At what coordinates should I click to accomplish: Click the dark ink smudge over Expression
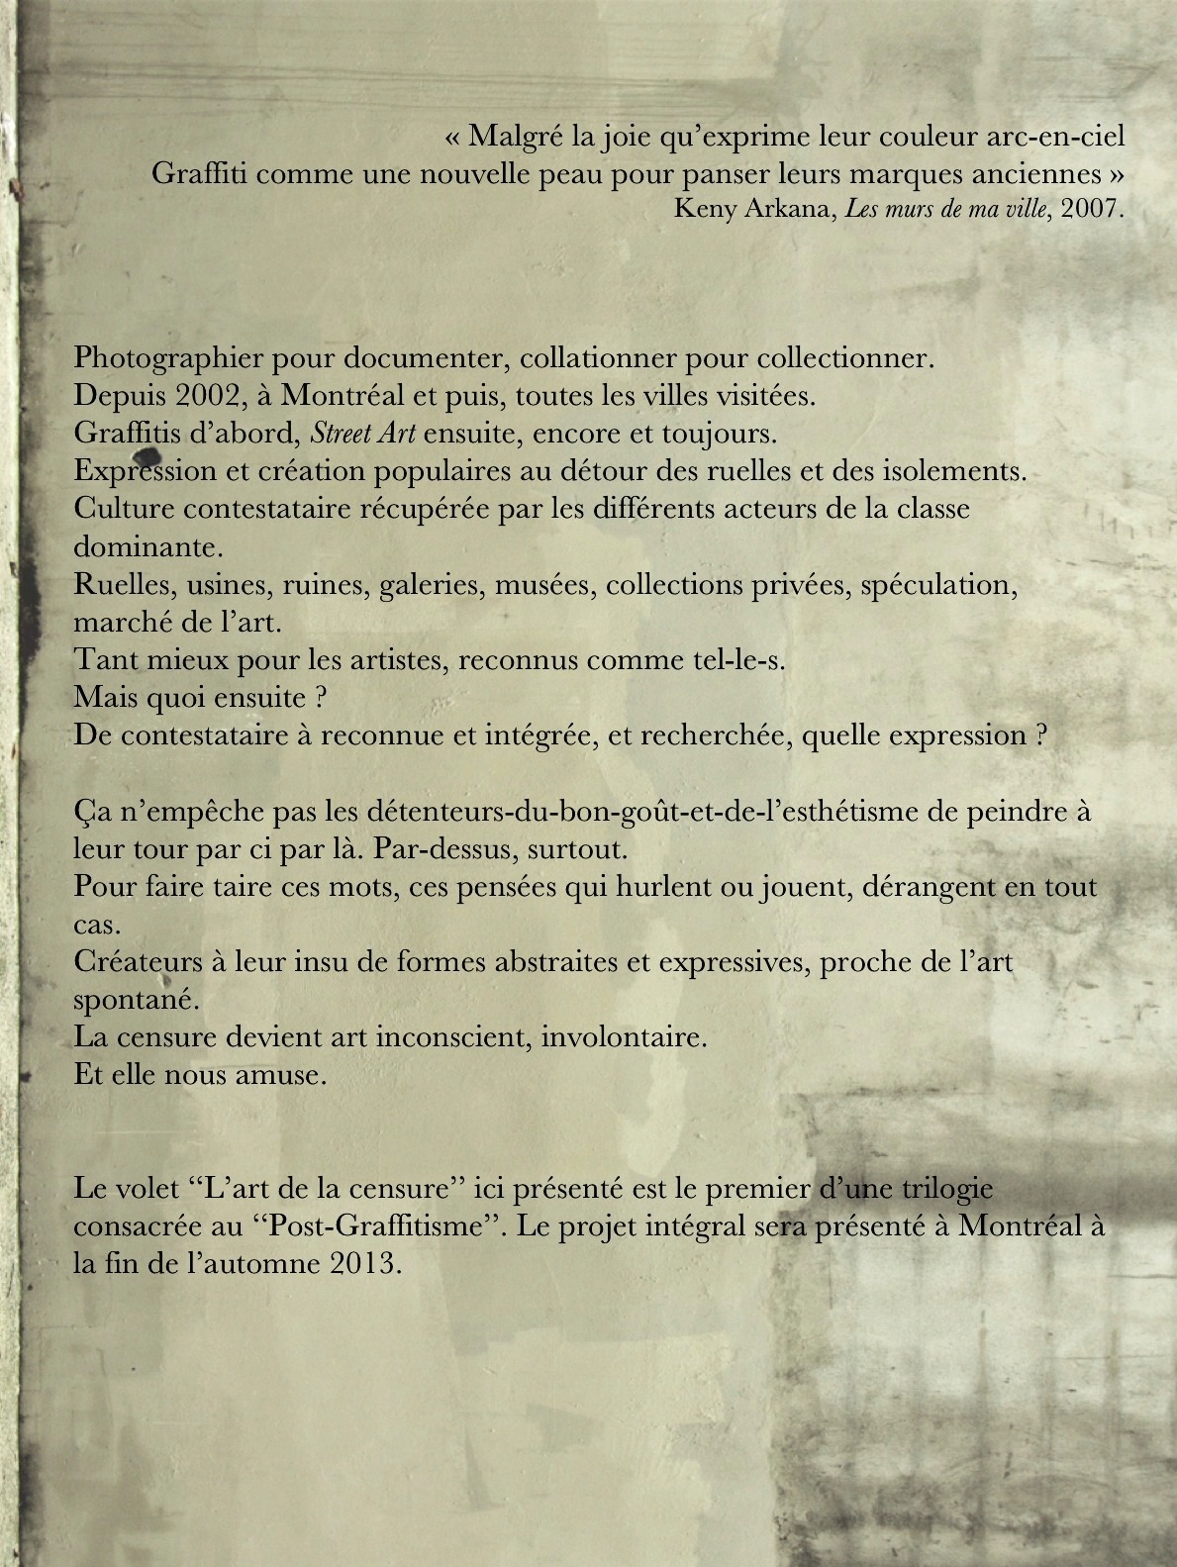[146, 456]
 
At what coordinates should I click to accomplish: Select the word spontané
[136, 1000]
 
